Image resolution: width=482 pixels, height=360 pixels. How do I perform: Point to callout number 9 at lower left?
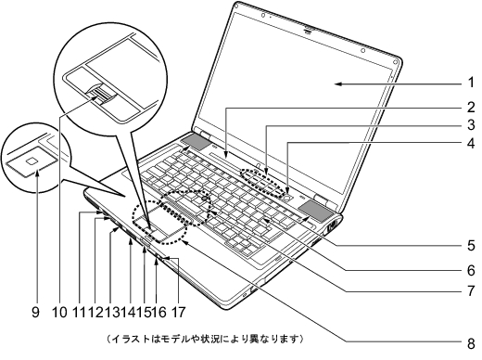point(36,313)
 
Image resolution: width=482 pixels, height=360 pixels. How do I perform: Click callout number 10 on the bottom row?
point(62,313)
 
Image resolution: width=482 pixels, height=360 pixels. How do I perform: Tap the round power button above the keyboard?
point(289,196)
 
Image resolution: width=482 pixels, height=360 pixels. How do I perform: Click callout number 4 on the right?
point(470,144)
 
